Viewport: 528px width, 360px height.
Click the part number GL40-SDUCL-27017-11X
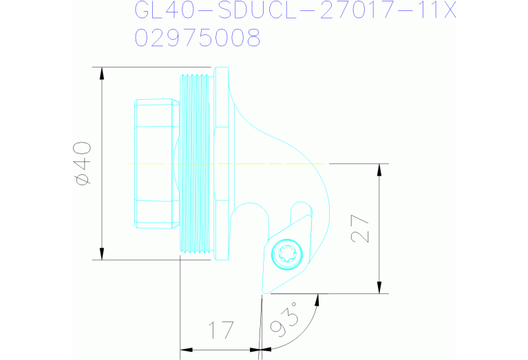click(x=295, y=12)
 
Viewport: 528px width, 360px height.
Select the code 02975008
click(x=198, y=39)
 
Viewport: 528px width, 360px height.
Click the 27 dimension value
click(x=362, y=229)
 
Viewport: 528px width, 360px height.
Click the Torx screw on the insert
click(x=286, y=255)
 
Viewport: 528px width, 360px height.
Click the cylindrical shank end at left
click(x=156, y=163)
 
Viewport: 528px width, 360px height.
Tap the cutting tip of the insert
click(x=264, y=291)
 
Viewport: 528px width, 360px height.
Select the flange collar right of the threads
click(x=221, y=163)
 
